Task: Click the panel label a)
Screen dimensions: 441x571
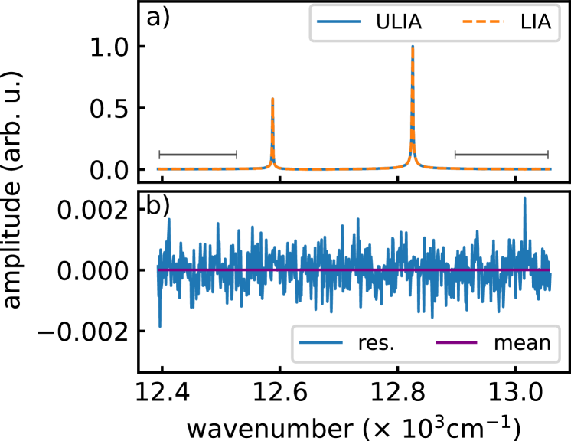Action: [158, 18]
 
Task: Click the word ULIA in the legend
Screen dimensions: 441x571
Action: [398, 22]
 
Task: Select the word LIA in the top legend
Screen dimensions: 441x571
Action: [534, 22]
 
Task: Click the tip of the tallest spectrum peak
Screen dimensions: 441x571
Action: [413, 47]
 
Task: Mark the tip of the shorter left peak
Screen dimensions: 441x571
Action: [272, 99]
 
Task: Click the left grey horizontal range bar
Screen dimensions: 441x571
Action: [197, 155]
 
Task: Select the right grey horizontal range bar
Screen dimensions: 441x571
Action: [501, 155]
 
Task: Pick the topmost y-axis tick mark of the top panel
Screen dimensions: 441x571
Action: [137, 47]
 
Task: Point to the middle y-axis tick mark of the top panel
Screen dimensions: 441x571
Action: [137, 108]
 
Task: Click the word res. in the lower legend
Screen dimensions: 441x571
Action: [376, 343]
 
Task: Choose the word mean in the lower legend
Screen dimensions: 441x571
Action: [522, 343]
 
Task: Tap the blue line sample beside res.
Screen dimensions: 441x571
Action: [319, 343]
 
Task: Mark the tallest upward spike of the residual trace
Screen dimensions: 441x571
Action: [524, 198]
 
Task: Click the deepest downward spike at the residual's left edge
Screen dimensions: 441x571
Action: [160, 327]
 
